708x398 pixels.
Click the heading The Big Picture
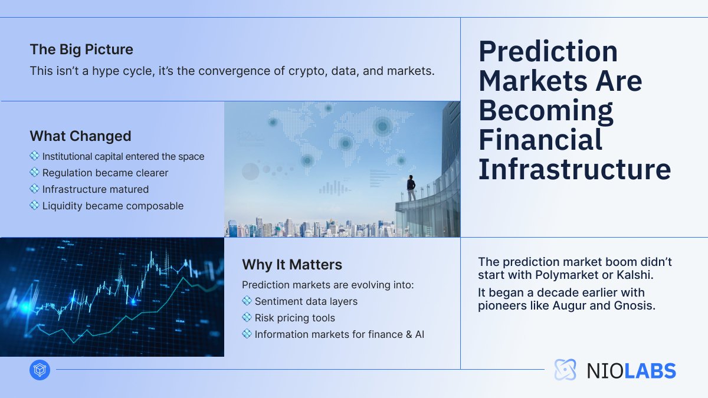click(81, 50)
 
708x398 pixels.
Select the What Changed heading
click(80, 136)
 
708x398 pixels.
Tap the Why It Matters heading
click(292, 265)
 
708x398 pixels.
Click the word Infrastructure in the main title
click(574, 169)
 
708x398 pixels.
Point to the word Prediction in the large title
click(548, 52)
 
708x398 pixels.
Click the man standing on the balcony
click(411, 190)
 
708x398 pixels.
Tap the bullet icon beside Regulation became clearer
click(34, 173)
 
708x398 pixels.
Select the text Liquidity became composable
click(113, 206)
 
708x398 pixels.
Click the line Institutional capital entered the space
click(123, 156)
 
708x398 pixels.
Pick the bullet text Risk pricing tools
click(294, 318)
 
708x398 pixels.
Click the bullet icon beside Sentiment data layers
click(247, 301)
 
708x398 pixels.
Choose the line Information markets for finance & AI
click(339, 334)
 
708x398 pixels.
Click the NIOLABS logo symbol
click(565, 370)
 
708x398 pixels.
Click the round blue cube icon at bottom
click(40, 370)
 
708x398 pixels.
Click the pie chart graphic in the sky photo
click(250, 172)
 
